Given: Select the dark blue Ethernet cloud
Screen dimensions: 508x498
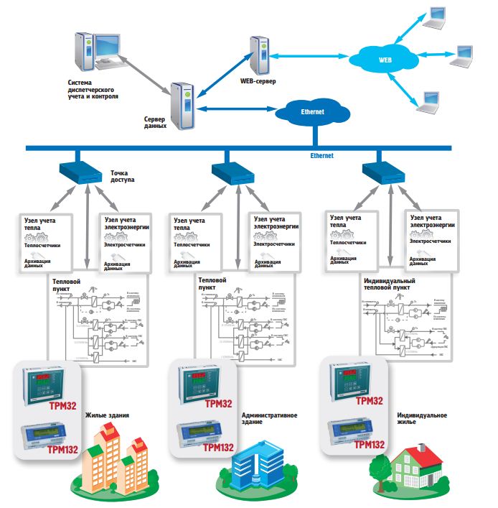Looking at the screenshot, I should click(x=313, y=111).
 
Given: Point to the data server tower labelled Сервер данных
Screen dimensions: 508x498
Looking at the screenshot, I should click(x=183, y=104).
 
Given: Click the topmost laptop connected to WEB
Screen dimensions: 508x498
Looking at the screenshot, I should click(x=438, y=17).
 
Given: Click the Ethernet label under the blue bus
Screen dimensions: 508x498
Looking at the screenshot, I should click(x=321, y=155).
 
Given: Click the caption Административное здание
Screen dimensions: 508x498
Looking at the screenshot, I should click(x=270, y=418).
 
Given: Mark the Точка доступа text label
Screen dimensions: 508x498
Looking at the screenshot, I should click(x=123, y=177).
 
